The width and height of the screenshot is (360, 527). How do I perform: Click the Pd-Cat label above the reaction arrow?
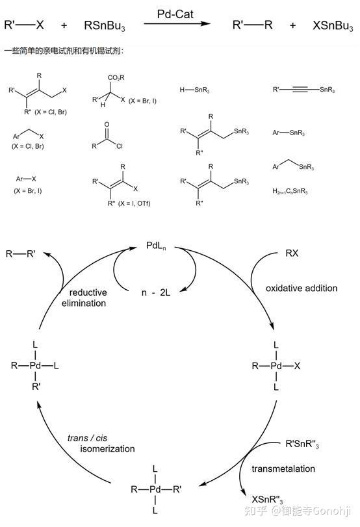[175, 14]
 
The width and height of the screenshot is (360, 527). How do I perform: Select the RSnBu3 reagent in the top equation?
[105, 25]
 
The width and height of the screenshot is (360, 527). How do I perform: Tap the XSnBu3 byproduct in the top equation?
[333, 25]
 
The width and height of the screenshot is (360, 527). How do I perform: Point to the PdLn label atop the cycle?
[156, 246]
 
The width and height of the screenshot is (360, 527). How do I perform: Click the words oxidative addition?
[302, 288]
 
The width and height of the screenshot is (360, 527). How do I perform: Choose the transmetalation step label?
[283, 469]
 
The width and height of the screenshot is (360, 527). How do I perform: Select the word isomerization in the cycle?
[107, 448]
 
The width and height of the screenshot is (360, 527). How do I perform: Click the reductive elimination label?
[84, 298]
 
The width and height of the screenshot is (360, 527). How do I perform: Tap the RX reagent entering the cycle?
[292, 253]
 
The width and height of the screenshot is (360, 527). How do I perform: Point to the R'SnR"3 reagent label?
[302, 444]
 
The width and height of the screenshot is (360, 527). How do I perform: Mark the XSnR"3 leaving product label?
[267, 500]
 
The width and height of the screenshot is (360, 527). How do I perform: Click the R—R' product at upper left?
[21, 254]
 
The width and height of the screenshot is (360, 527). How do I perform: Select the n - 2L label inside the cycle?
[155, 292]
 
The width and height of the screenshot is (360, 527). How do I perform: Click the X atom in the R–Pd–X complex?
[297, 366]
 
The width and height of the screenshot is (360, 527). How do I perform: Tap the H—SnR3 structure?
[194, 90]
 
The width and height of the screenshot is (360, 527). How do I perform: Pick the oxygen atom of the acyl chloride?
[107, 125]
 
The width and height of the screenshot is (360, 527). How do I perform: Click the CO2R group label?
[116, 77]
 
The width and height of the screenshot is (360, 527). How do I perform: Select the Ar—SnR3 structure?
[289, 133]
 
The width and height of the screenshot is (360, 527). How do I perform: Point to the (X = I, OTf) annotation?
[134, 203]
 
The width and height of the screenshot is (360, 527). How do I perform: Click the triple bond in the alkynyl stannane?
[300, 90]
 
